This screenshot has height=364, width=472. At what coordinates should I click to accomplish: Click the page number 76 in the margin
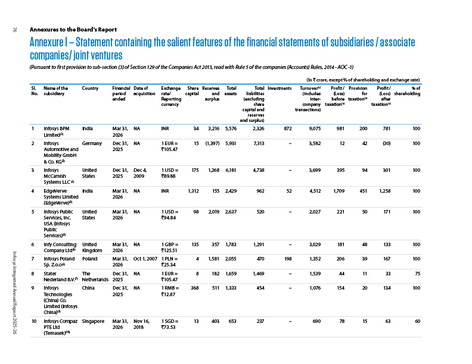(x=15, y=29)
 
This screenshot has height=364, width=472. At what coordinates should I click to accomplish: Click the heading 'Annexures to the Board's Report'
(x=73, y=29)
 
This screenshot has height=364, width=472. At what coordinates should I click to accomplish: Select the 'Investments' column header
(x=280, y=88)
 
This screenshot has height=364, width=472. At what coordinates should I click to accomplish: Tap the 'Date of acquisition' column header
(x=144, y=91)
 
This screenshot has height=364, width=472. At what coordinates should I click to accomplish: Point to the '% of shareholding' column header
(x=407, y=91)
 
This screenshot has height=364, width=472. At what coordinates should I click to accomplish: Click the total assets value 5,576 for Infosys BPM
(x=231, y=128)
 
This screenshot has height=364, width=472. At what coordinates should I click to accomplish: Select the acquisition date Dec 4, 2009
(x=140, y=173)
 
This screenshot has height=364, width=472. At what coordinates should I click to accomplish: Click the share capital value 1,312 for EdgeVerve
(x=193, y=191)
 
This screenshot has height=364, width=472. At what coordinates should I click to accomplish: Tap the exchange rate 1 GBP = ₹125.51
(x=170, y=247)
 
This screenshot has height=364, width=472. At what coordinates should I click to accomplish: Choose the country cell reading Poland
(x=90, y=259)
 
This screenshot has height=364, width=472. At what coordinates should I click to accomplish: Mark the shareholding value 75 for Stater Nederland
(x=418, y=274)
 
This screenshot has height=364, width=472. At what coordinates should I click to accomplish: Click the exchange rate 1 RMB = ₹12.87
(x=170, y=291)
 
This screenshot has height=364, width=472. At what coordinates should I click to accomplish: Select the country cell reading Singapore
(x=94, y=321)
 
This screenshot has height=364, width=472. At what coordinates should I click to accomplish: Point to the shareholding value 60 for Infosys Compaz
(x=418, y=321)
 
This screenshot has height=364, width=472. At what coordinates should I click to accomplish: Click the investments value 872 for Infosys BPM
(x=288, y=128)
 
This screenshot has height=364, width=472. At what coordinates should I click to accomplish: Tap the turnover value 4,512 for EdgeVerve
(x=315, y=191)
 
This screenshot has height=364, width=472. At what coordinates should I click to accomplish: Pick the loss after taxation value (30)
(x=387, y=143)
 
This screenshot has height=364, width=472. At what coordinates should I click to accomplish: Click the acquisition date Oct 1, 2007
(x=145, y=259)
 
